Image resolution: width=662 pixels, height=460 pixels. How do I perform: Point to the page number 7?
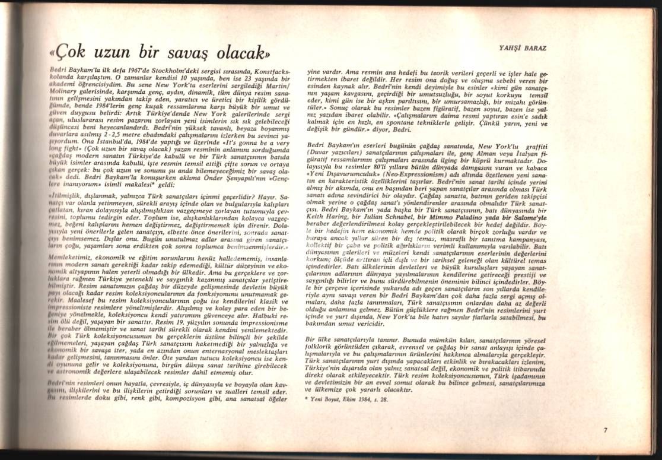[605, 430]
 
